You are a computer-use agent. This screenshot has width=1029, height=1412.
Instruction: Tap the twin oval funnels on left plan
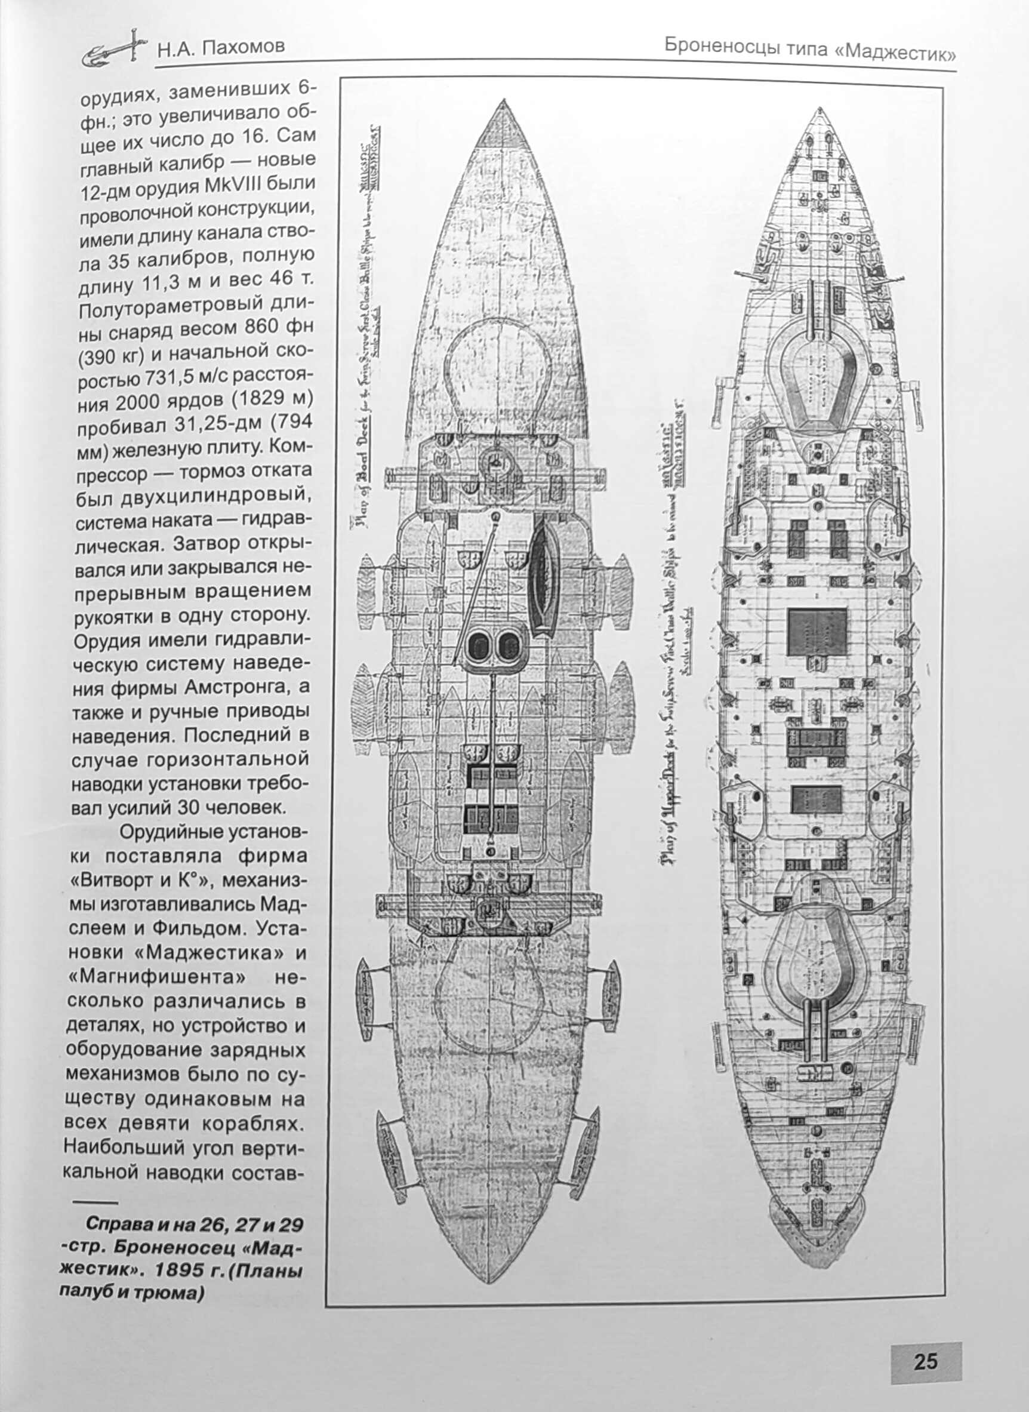492,644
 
